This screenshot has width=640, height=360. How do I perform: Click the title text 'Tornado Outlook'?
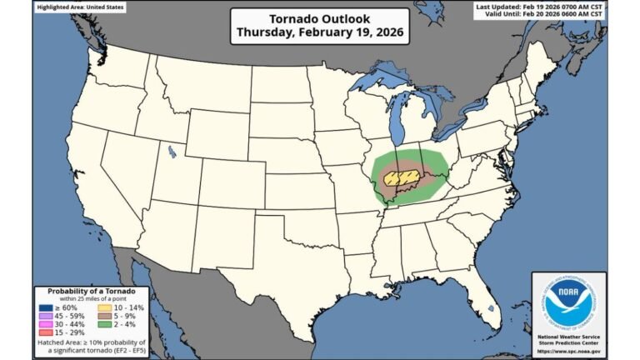click(320, 18)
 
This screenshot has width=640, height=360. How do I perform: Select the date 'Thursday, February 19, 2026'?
click(320, 33)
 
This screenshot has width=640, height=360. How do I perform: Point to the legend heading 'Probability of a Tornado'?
click(92, 291)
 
